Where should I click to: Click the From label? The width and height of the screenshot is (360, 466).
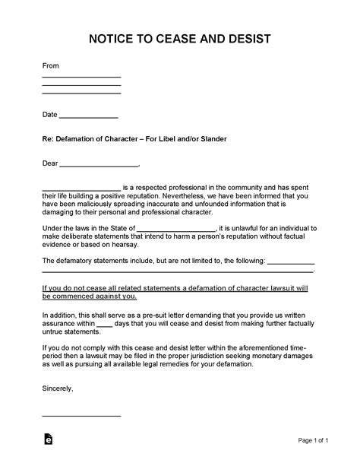[x=50, y=65]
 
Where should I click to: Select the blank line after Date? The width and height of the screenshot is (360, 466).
[x=88, y=117]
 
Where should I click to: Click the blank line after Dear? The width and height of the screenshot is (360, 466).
[x=99, y=163]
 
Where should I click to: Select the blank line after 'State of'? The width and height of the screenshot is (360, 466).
[x=177, y=228]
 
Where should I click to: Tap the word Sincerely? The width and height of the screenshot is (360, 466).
[x=58, y=390]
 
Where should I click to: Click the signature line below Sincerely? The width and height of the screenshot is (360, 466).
[x=81, y=415]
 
